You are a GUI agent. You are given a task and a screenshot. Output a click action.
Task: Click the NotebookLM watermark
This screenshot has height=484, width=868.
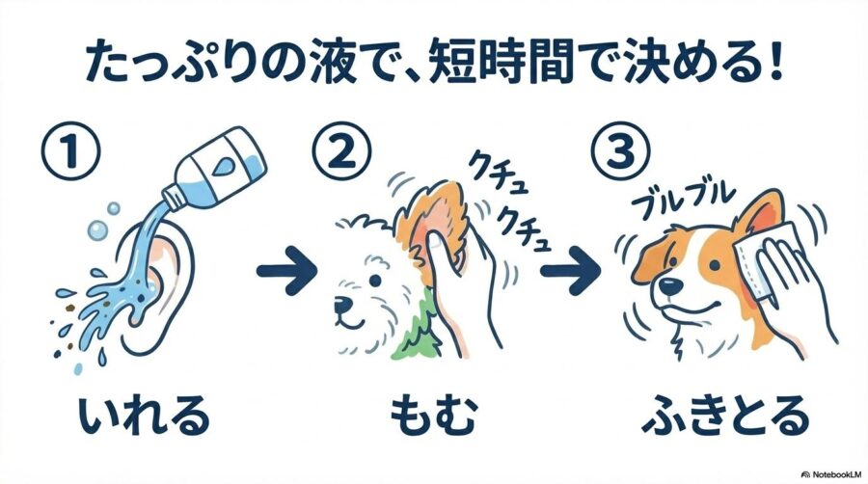coord(831,475)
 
